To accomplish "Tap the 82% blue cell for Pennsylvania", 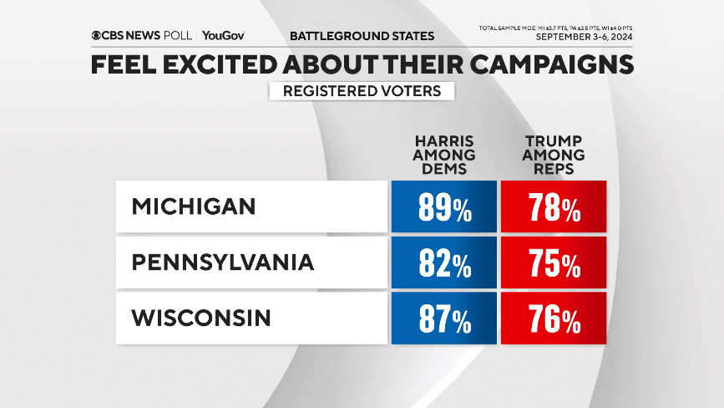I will pos(443,263).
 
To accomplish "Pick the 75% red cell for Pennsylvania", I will pos(553,263).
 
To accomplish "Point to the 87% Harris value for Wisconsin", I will pos(443,319).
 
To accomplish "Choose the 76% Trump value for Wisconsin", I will pos(553,319).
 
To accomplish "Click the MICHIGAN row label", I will pos(194,207).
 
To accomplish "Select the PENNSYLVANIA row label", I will pos(223,263).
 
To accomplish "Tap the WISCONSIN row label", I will pos(201,318).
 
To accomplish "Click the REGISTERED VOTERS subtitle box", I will pos(362,91).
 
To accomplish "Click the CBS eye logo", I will pos(97,36).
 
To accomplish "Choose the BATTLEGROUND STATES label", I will pos(362,36).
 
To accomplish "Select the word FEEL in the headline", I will pos(122,65).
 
